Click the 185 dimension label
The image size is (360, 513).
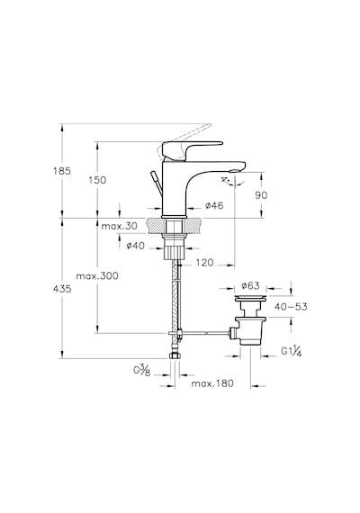(x=62, y=171)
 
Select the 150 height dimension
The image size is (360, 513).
(x=97, y=180)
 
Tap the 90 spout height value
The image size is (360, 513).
(x=261, y=195)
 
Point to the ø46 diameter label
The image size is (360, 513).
(x=214, y=205)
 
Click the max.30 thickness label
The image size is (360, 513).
(x=119, y=226)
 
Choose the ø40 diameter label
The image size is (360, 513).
(x=136, y=246)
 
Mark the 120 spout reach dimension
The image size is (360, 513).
(x=204, y=263)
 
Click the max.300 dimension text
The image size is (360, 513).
(x=97, y=275)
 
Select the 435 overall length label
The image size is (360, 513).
(x=62, y=289)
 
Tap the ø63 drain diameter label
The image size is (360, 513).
(x=251, y=285)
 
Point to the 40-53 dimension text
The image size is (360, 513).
(x=291, y=307)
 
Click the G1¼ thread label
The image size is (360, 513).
(x=292, y=351)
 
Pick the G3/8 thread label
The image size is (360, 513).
(x=142, y=370)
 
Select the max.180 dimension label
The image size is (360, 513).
(x=212, y=383)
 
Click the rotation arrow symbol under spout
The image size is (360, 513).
(x=231, y=182)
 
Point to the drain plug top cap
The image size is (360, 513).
(x=251, y=298)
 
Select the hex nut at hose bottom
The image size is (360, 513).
(x=175, y=355)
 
